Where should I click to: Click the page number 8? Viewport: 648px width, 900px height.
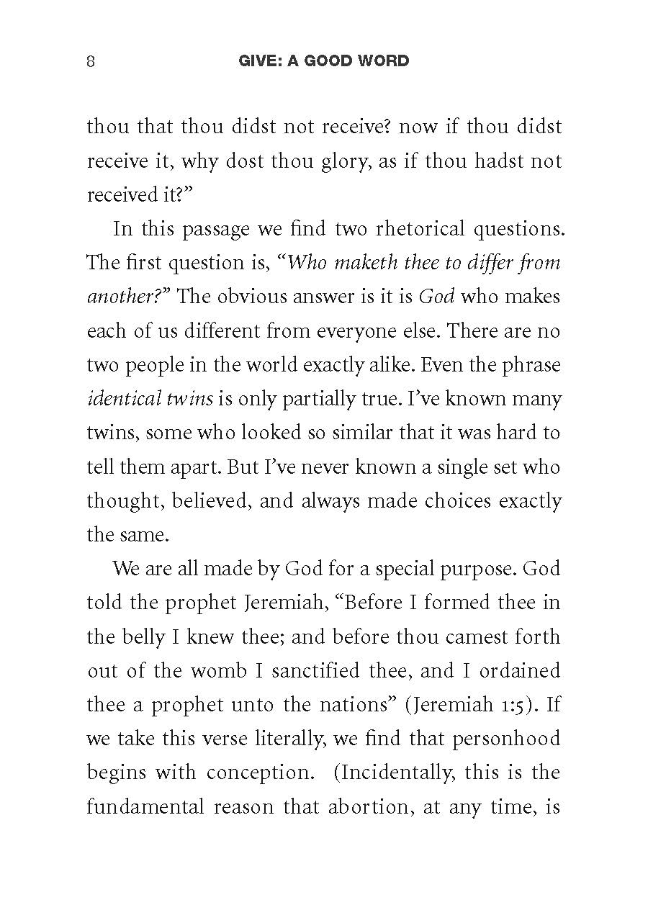click(x=91, y=61)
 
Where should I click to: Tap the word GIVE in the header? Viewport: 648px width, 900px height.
click(x=258, y=61)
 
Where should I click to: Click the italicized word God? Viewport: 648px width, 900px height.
click(x=436, y=297)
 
